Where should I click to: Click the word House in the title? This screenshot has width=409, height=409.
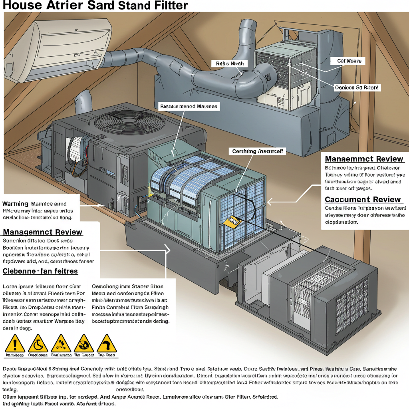tap(19, 6)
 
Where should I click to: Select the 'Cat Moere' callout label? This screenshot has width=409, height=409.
tap(346, 61)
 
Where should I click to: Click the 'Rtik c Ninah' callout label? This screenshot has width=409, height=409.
tap(229, 64)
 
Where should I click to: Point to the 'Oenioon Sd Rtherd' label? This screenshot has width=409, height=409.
tap(356, 87)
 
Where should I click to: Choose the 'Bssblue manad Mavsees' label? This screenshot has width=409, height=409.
tap(189, 107)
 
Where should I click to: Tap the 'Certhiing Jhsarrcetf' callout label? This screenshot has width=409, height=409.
tap(257, 151)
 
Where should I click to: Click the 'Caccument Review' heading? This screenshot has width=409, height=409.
tap(363, 199)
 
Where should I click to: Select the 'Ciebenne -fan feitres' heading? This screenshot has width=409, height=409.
tap(40, 271)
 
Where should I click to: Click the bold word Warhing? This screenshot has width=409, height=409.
tap(16, 204)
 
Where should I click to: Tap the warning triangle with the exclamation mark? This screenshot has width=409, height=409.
tap(14, 344)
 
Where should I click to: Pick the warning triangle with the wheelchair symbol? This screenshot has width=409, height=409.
tap(38, 344)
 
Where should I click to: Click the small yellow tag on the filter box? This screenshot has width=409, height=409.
tap(232, 221)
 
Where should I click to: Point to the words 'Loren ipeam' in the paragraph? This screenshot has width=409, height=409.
tap(17, 286)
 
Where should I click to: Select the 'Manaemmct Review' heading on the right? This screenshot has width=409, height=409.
tap(364, 159)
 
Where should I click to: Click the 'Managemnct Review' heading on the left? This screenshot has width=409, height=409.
tap(42, 232)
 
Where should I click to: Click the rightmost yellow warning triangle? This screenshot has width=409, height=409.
tap(107, 344)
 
